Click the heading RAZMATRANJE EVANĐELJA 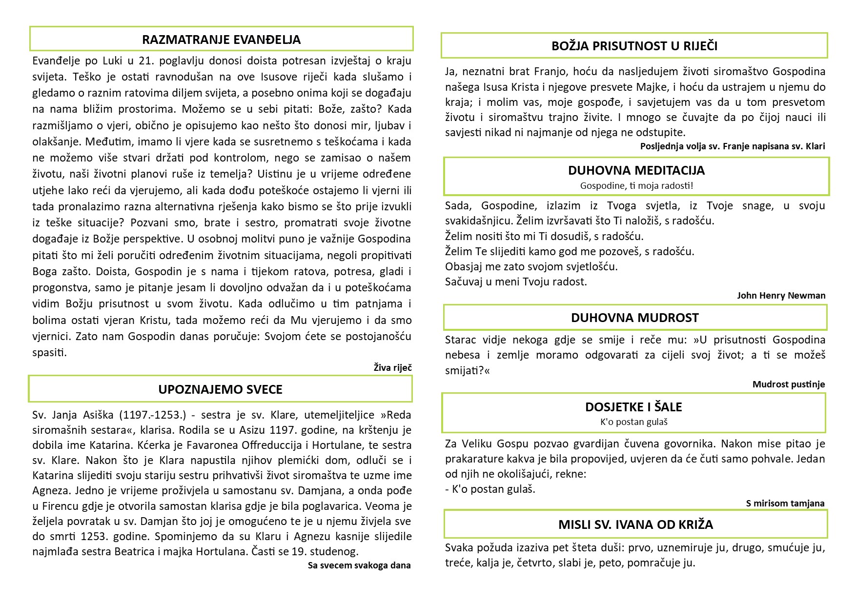(x=221, y=40)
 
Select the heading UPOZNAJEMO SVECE (x=220, y=389)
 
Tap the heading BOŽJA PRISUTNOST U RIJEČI (x=634, y=46)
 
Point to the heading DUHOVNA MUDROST (x=634, y=318)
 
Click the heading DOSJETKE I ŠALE (x=633, y=407)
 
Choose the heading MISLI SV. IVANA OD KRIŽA (x=635, y=524)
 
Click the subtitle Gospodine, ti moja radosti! (x=636, y=185)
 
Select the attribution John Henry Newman (x=781, y=295)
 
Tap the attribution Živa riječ (x=392, y=367)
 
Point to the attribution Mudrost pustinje (x=788, y=384)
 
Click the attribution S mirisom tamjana (x=785, y=503)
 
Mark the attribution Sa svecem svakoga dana (x=359, y=565)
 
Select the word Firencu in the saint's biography (x=63, y=506)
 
